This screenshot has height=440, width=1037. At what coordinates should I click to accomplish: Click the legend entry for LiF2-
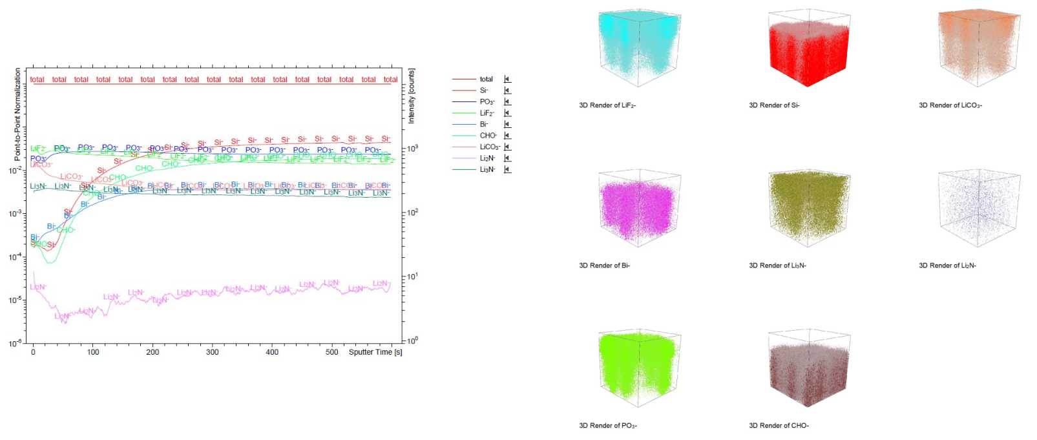[x=487, y=113]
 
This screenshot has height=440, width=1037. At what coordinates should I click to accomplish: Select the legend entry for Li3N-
[x=487, y=169]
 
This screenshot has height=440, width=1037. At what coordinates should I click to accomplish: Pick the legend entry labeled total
[x=486, y=79]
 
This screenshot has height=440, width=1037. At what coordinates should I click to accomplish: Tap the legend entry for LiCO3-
[x=489, y=147]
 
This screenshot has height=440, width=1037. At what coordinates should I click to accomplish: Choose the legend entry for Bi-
[x=484, y=124]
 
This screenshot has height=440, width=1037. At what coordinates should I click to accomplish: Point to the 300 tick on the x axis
[x=213, y=352]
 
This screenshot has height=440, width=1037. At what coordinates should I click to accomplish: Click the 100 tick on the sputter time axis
[x=93, y=352]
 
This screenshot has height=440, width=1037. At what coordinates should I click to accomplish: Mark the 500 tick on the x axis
[x=331, y=352]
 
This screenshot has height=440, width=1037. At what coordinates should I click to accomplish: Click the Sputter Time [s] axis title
[x=375, y=352]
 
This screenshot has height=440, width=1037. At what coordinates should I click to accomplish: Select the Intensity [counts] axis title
[x=412, y=96]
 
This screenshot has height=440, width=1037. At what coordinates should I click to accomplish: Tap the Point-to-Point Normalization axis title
[x=17, y=115]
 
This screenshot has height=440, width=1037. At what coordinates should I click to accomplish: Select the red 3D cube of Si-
[x=808, y=48]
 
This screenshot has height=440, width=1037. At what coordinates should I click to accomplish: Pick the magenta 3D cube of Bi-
[x=638, y=209]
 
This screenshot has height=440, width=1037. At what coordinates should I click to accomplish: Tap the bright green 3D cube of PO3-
[x=638, y=369]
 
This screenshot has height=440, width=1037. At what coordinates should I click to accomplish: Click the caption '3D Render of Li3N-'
[x=777, y=266]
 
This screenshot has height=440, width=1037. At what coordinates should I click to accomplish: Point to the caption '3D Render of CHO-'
[x=779, y=426]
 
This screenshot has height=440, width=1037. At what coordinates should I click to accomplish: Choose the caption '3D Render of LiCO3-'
[x=950, y=105]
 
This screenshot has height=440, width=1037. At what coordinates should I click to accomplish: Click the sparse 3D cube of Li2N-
[x=978, y=209]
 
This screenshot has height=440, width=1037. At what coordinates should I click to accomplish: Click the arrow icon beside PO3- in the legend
[x=507, y=102]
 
